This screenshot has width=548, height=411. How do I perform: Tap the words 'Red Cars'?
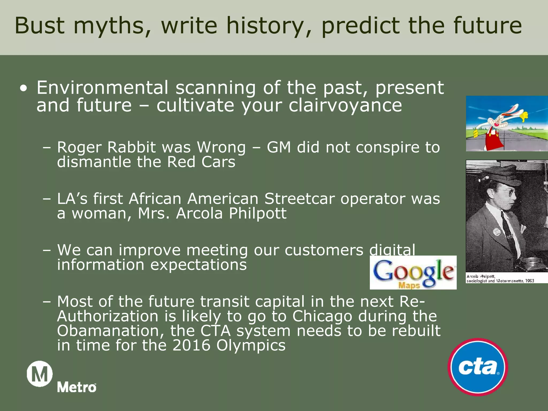point(201,162)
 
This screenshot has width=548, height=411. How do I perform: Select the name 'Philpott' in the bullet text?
point(257,214)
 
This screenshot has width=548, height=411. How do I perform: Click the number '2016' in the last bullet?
point(191,345)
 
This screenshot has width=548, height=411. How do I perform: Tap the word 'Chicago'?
point(322,316)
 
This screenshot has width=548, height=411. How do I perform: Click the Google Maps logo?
point(413,273)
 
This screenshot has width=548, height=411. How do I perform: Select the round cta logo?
point(478,367)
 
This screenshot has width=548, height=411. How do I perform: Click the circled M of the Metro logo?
point(40,374)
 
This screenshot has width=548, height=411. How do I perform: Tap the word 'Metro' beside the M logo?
point(77,387)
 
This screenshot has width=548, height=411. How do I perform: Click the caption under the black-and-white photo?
point(500,279)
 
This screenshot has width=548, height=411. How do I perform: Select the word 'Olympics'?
point(251,345)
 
